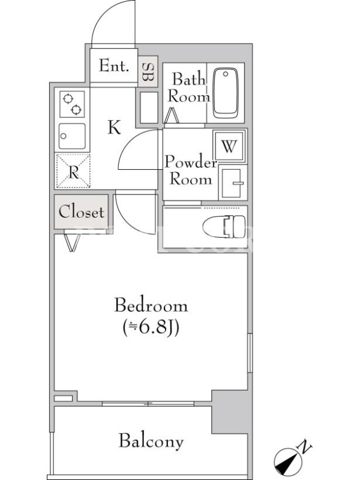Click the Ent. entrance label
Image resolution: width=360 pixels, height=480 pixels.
tap(114, 65)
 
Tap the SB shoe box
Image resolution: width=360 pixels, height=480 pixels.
tap(148, 71)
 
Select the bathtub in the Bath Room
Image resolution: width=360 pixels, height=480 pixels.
tap(226, 93)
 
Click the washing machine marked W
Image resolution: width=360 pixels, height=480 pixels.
tap(229, 146)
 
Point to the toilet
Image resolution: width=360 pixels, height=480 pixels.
tap(224, 227)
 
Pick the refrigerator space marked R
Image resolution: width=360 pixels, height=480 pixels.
tap(73, 171)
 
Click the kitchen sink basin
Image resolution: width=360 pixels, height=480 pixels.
tap(72, 136)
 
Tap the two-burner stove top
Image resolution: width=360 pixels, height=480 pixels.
tap(72, 104)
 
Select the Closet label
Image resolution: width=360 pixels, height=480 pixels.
tap(82, 212)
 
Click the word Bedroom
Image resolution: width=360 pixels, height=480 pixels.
tap(151, 305)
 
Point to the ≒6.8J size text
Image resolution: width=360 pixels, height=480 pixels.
tap(151, 328)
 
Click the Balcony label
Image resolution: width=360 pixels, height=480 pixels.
tap(151, 441)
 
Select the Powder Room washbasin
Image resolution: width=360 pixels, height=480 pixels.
tap(233, 183)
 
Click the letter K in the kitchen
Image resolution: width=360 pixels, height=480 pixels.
tap(114, 127)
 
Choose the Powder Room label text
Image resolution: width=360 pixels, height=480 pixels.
tap(191, 170)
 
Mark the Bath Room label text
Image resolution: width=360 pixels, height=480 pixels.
tap(188, 88)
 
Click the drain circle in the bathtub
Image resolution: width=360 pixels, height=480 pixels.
tap(226, 74)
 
